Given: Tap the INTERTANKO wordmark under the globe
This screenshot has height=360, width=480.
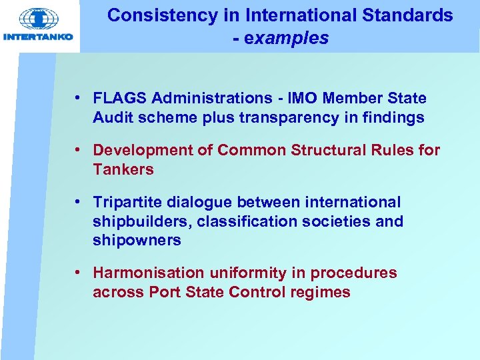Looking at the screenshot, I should point(39,38).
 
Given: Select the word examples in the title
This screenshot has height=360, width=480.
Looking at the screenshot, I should point(287,38).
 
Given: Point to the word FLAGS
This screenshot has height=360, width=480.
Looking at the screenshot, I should point(120,99).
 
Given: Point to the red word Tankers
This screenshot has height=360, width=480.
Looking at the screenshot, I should point(123,169).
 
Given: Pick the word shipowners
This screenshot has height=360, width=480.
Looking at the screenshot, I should point(137,241).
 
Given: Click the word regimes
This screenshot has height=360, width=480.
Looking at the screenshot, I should point(322,292).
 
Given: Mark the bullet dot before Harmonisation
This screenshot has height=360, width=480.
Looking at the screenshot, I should point(79,273).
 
